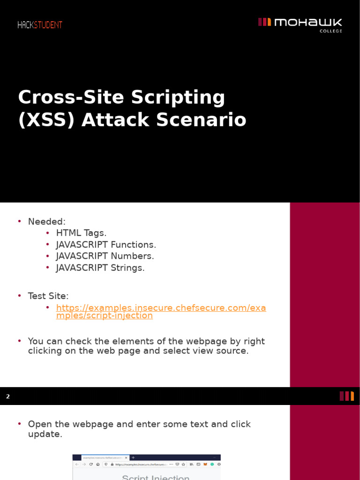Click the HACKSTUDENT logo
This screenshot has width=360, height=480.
pos(40,25)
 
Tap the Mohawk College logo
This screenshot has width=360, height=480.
pos(300,25)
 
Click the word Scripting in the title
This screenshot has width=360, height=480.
pos(178,97)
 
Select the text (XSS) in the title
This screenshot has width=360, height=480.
pos(46,120)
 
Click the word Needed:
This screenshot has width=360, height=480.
pos(47,221)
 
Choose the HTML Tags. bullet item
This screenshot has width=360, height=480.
pos(81,233)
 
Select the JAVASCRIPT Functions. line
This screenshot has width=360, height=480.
pos(106,245)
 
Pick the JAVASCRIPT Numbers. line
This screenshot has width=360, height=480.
pos(105,256)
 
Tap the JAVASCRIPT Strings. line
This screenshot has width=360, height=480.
pos(100,268)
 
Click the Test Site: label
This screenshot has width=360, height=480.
pos(48,296)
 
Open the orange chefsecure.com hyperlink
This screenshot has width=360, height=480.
pos(161,312)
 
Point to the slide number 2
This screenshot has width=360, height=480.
pos(8,397)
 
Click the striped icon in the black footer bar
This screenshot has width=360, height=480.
pos(347,396)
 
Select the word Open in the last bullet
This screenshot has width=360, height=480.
pos(39,424)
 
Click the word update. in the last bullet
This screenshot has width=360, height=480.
pos(45,435)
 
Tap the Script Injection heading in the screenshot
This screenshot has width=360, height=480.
pos(156,477)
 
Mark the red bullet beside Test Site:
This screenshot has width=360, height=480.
pos(20,296)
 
